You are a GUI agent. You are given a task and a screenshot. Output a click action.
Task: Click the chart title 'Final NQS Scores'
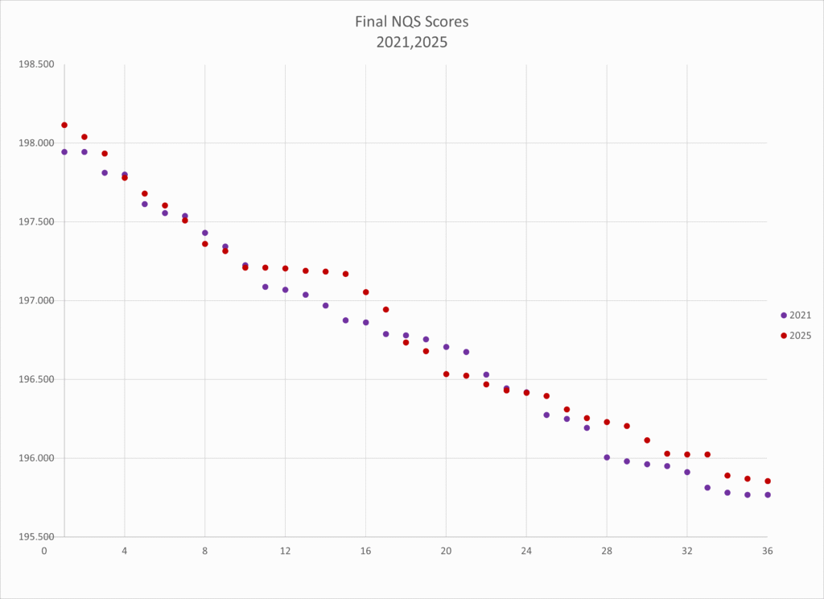411,22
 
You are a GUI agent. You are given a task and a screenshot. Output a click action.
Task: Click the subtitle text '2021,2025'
411,42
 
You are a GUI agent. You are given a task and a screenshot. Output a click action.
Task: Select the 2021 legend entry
796,315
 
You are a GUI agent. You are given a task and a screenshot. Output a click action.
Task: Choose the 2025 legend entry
796,335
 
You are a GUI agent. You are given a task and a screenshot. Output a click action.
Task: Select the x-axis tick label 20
446,552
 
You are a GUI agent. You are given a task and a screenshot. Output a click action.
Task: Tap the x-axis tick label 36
768,552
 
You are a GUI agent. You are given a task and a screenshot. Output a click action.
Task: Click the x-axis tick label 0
44,552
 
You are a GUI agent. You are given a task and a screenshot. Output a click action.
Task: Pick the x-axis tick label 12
285,552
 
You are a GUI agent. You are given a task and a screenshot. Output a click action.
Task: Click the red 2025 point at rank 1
64,125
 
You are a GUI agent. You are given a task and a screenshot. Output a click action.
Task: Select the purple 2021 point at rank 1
64,151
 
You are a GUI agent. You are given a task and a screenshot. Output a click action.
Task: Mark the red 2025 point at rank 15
345,274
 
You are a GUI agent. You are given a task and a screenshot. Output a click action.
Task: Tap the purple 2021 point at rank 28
607,457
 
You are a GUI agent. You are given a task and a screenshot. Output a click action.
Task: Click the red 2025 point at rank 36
768,481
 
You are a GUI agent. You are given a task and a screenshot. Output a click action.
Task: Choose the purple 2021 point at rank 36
768,494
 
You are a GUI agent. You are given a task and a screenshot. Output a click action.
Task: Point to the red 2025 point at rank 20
446,374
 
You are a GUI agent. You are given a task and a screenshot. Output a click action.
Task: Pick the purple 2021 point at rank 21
466,352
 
